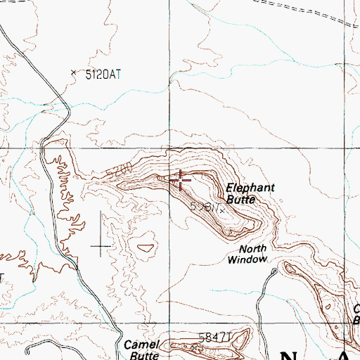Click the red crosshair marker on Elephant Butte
[x=181, y=181]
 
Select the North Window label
[x=248, y=254]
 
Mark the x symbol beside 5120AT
[x=73, y=72]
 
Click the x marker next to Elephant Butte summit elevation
[x=222, y=210]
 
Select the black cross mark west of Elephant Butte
[x=101, y=245]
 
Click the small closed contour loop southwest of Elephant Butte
[x=146, y=247]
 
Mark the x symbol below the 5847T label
[x=195, y=347]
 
